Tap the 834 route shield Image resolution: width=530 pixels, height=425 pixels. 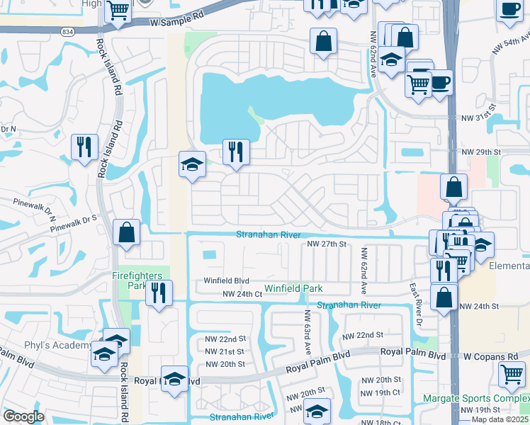(x=67, y=32)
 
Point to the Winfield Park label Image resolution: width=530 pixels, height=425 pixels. (x=293, y=288)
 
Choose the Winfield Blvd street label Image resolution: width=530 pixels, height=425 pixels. (x=227, y=280)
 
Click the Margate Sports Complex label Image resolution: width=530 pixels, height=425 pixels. (x=476, y=398)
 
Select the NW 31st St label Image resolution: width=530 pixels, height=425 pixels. (x=480, y=118)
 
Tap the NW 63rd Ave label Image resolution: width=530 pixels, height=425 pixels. (x=308, y=331)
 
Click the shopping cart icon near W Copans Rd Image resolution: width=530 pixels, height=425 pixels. (x=512, y=374)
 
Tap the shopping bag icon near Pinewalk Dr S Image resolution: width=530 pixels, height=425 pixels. (x=126, y=232)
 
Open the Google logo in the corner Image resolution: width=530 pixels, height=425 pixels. (x=23, y=416)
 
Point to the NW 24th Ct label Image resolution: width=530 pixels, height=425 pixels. (x=242, y=294)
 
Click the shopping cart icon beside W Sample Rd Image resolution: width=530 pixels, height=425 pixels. (x=118, y=11)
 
